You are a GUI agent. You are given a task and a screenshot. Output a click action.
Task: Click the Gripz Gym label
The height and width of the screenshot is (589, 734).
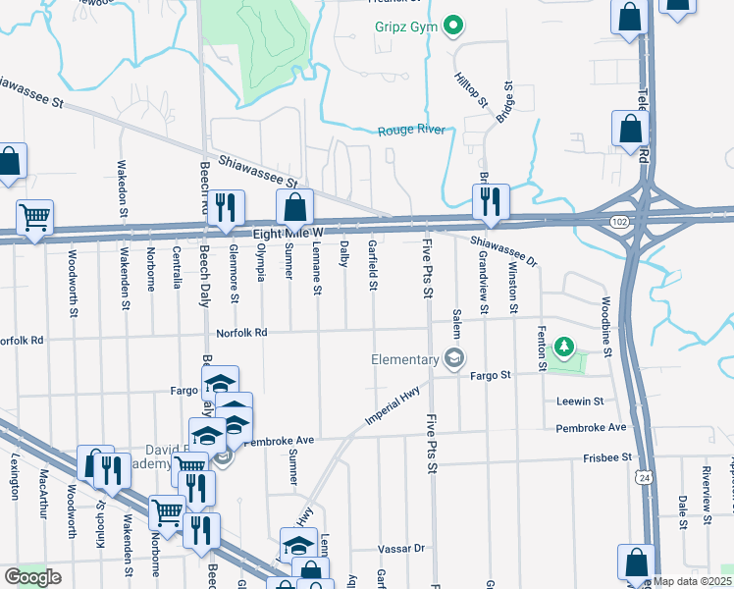pyautogui.click(x=404, y=26)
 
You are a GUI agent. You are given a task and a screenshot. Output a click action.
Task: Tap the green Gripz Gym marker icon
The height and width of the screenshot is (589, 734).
pyautogui.click(x=452, y=26)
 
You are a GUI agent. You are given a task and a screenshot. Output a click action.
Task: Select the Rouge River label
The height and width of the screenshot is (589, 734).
pyautogui.click(x=412, y=131)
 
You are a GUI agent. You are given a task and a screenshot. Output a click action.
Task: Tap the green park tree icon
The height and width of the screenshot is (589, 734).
pyautogui.click(x=563, y=346)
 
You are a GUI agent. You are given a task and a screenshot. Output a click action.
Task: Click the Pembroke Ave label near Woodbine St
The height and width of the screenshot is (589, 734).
pyautogui.click(x=589, y=428)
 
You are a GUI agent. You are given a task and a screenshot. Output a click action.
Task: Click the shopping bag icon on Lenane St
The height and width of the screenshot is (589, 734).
pyautogui.click(x=294, y=206)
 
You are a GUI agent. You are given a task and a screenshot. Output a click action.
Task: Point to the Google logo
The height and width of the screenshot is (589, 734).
pyautogui.click(x=32, y=577)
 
